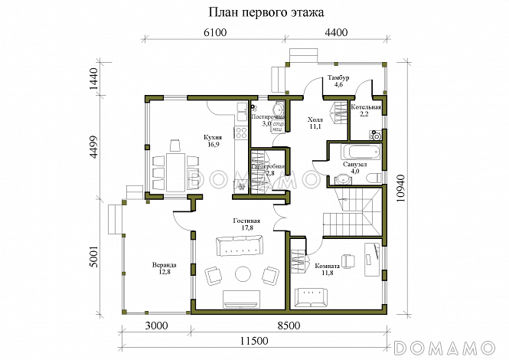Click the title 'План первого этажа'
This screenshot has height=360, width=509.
[255, 13]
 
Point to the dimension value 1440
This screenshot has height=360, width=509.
[94, 80]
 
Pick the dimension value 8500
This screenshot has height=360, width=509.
[289, 326]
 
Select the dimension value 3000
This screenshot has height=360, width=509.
[156, 326]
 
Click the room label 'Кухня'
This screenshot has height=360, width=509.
[212, 139]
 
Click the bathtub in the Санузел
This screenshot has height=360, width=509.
[354, 149]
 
